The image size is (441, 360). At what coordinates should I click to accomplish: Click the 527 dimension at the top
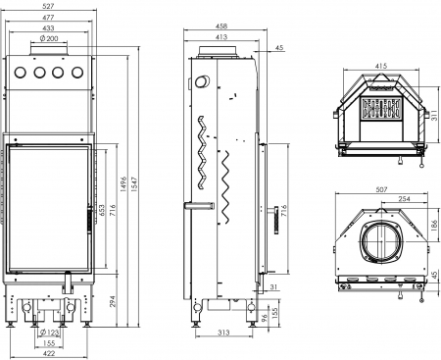48,6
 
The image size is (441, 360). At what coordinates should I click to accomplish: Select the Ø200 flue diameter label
49,38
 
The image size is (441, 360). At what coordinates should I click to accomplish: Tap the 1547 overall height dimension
134,184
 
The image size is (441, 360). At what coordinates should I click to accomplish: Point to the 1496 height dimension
123,184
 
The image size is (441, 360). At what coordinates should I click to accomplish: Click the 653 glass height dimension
102,211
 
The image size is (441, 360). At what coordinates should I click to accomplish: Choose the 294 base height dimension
112,301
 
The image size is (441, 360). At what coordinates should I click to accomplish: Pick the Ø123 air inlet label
49,333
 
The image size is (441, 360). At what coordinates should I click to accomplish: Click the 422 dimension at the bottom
49,353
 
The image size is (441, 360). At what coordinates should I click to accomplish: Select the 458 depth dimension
221,26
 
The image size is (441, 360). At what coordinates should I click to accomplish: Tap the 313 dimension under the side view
223,333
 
